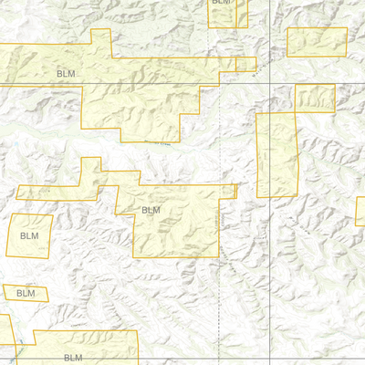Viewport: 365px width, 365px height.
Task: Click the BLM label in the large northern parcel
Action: [66, 73]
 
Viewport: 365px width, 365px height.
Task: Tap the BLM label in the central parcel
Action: [151, 210]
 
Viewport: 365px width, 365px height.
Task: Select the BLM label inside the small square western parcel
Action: [29, 235]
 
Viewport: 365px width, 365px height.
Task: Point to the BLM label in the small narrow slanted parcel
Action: [26, 293]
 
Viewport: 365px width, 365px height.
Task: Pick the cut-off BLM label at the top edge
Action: [222, 3]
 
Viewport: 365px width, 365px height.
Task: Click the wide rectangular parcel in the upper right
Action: [318, 42]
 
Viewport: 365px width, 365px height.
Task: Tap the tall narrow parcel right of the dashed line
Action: [277, 155]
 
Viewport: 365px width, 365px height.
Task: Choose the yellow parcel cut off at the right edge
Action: [360, 212]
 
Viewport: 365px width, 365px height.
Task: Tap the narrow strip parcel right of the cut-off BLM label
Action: [242, 13]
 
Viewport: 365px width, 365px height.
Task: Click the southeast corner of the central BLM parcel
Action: [219, 255]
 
